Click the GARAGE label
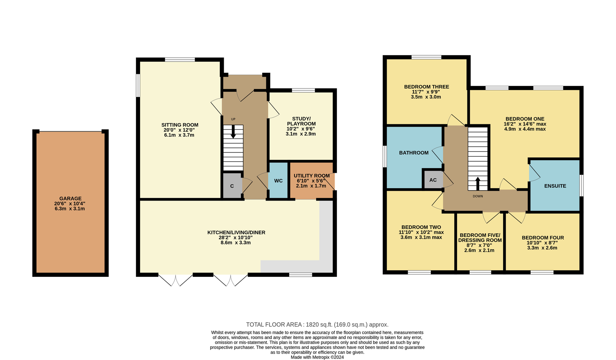[70, 198]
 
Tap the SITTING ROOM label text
[180, 125]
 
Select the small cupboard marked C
[232, 185]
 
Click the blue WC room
[278, 181]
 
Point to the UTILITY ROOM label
[311, 176]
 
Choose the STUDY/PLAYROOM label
[301, 121]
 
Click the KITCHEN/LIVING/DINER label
[236, 233]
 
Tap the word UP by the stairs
[233, 119]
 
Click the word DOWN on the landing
[478, 196]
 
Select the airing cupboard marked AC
[433, 180]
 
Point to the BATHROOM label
[414, 152]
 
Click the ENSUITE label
[555, 186]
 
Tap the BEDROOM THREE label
[427, 87]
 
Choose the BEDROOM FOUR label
[543, 238]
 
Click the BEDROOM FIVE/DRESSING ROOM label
[480, 238]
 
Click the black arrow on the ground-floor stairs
[233, 132]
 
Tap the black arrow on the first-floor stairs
[478, 183]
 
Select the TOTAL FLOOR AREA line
[317, 325]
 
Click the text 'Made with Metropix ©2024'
[317, 357]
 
